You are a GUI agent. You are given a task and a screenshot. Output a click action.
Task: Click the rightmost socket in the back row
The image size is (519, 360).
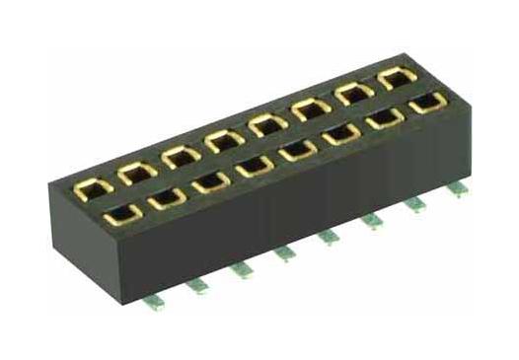[397, 79]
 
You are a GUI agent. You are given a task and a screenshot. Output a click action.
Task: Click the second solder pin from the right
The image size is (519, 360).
[415, 201]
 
